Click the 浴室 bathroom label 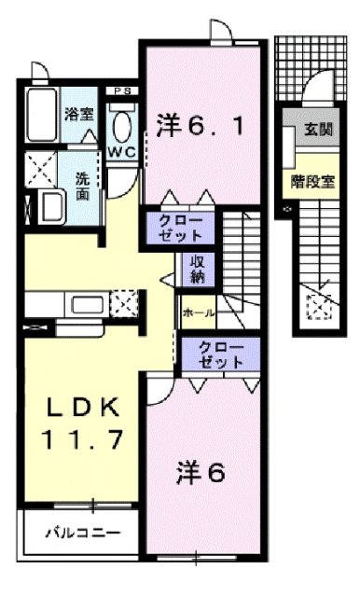click(x=78, y=115)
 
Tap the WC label click(x=121, y=149)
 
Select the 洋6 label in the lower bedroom click(x=202, y=473)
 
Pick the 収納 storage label click(x=198, y=269)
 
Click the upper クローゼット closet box click(x=178, y=228)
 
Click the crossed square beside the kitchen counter click(x=120, y=303)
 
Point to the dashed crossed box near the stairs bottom click(x=320, y=304)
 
